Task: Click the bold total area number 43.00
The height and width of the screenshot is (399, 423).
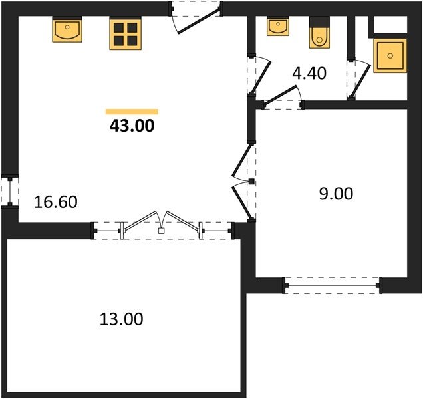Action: (x=132, y=126)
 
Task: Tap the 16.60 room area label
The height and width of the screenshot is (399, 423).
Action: (x=56, y=202)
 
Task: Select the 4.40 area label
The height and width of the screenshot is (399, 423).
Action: (x=309, y=73)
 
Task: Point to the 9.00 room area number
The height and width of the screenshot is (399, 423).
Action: (x=336, y=194)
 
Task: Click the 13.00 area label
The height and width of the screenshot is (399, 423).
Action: (x=122, y=319)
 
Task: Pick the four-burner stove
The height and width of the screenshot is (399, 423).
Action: (x=126, y=33)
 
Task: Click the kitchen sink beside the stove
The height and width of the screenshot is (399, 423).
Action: (x=67, y=29)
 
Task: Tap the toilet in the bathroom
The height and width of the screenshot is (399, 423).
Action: (x=319, y=33)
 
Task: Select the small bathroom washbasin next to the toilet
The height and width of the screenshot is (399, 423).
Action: (x=278, y=26)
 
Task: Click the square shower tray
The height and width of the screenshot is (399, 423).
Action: (x=390, y=56)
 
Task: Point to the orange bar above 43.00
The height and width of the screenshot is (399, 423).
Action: (x=132, y=112)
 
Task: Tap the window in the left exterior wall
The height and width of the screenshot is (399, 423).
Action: (x=10, y=192)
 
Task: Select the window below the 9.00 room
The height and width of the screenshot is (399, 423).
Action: (x=333, y=285)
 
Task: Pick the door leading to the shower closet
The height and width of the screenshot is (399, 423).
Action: (x=358, y=78)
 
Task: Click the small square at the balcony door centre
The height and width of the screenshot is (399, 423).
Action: (x=161, y=231)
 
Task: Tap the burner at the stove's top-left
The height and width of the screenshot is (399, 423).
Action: (x=118, y=27)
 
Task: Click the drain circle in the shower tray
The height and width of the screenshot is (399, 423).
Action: (x=390, y=56)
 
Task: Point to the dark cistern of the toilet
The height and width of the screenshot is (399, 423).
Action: (x=319, y=21)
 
